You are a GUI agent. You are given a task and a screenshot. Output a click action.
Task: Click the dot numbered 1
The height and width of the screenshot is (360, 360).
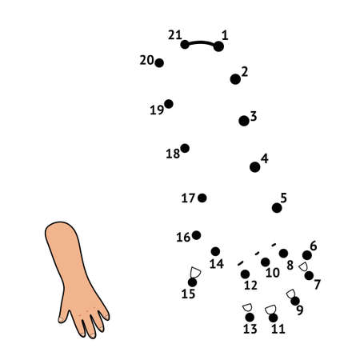coord(218,46)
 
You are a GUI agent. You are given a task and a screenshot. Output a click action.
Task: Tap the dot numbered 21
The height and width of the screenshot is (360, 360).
coord(185,44)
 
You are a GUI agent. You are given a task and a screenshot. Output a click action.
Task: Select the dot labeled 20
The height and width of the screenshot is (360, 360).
coord(159,62)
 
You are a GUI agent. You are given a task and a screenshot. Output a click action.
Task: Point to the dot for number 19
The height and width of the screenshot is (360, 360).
coord(169,104)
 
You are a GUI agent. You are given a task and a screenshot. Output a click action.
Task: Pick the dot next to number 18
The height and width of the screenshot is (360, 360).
coord(185,148)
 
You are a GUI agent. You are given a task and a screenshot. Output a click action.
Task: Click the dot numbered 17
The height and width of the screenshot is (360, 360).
coord(202,198)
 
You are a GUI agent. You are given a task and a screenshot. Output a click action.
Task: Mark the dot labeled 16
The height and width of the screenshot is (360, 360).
coord(196,235)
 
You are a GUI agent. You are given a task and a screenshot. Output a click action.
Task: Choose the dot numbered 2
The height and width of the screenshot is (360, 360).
coord(235,79)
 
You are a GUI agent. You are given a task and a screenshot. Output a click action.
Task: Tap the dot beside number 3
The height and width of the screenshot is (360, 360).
coord(244,121)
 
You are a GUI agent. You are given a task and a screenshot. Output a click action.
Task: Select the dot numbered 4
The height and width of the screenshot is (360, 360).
coord(254,167)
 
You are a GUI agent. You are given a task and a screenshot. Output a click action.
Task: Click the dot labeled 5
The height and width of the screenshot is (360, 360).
coord(277,208)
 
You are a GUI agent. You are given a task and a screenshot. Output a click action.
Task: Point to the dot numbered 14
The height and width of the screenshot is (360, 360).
coord(215,251)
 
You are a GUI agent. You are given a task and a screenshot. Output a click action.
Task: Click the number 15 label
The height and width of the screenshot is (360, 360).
coord(188,294)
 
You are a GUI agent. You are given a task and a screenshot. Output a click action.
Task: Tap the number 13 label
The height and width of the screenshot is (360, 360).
coord(250,329)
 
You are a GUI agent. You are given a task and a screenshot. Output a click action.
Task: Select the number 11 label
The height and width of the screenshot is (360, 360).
coord(278,329)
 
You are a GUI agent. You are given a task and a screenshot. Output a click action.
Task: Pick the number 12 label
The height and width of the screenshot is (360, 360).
coord(250,286)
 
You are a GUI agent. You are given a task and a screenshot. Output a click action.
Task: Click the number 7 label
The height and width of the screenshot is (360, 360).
coord(318,284)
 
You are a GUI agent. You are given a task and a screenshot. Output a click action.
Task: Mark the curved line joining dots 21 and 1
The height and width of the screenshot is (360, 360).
coord(201,42)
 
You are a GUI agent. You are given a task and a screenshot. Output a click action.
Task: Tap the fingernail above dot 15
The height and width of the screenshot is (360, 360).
coord(195,272)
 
